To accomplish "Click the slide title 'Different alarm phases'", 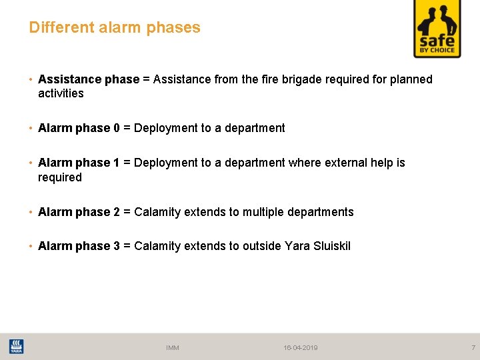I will coord(115,28).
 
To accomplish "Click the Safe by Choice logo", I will coord(437,29).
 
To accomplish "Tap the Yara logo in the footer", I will coord(16,347).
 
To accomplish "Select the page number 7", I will coord(473,347).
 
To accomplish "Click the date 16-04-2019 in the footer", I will coord(301,348).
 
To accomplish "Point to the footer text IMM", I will coord(173,348).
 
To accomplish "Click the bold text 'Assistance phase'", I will coord(89,80).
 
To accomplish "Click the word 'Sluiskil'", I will coord(327,247).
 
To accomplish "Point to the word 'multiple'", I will coord(263,212).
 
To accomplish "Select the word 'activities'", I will coord(61,94).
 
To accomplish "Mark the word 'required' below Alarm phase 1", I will coord(60,177).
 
